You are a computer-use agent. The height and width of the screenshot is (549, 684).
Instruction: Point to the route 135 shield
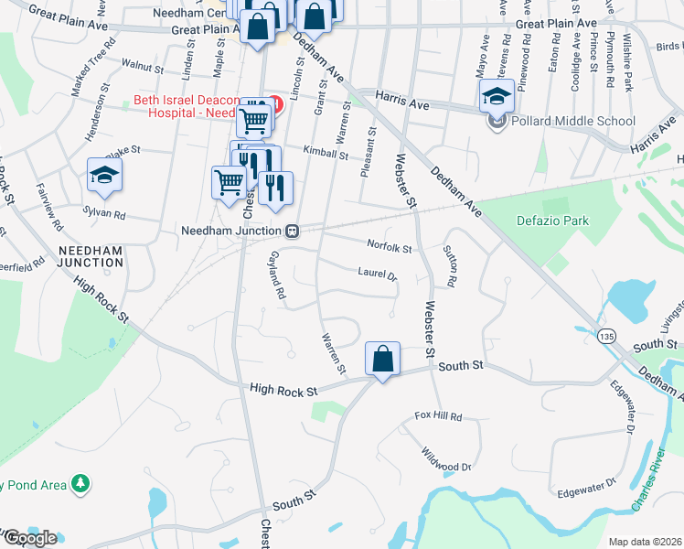pyautogui.click(x=605, y=338)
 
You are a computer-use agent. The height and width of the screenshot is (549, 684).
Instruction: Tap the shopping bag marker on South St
pyautogui.click(x=382, y=359)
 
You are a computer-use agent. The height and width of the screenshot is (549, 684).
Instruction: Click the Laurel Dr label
pyautogui.click(x=378, y=274)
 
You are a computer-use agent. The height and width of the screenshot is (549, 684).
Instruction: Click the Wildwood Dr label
pyautogui.click(x=447, y=460)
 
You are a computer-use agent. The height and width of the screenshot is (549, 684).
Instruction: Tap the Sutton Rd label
pyautogui.click(x=454, y=264)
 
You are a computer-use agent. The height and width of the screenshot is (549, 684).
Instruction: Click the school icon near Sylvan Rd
pyautogui.click(x=104, y=176)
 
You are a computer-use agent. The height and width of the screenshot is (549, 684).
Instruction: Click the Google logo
pyautogui.click(x=29, y=537)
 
